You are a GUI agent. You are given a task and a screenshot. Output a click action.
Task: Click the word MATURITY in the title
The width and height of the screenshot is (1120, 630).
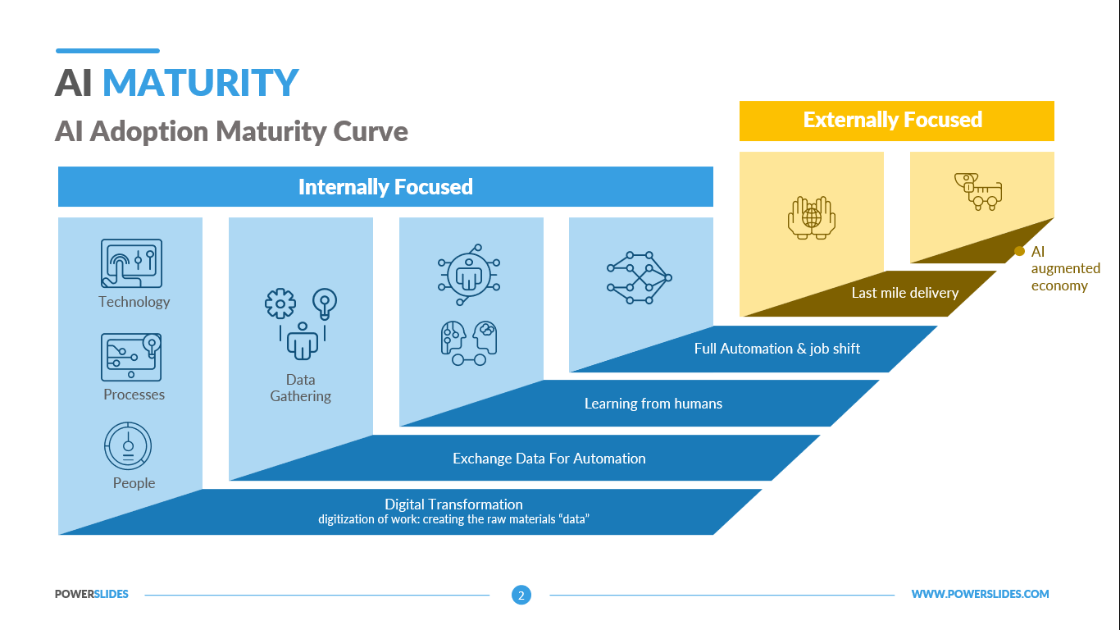(x=200, y=83)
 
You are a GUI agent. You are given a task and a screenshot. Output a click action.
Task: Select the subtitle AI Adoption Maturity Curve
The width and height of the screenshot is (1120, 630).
(x=231, y=131)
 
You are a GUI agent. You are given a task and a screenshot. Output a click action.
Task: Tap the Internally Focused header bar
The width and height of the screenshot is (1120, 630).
(x=385, y=187)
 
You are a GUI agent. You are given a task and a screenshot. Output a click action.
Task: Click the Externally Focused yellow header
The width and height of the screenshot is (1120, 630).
(x=895, y=121)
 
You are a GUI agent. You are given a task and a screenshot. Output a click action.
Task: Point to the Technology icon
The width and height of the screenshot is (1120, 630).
(x=131, y=263)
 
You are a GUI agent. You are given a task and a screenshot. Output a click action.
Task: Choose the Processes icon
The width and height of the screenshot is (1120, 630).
(x=131, y=357)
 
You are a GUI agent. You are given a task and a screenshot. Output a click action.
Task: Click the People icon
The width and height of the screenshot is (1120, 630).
(x=129, y=446)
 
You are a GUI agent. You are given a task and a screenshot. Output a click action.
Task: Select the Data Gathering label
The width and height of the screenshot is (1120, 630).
(x=301, y=388)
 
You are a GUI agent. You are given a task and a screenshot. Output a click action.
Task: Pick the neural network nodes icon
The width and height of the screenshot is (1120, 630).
(x=640, y=277)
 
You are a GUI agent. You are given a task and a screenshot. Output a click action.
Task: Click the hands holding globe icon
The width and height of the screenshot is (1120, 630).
(x=811, y=217)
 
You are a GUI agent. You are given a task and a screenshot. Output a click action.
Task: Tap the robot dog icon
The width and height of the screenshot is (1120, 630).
(x=978, y=191)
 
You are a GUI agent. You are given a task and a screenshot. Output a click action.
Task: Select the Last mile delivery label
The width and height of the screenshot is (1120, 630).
(x=904, y=293)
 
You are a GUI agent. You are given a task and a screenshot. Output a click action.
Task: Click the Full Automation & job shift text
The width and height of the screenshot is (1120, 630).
(x=776, y=349)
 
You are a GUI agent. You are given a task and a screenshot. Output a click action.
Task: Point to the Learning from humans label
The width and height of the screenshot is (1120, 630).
(x=653, y=404)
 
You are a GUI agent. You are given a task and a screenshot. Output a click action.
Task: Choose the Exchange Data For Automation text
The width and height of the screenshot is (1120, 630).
(x=549, y=459)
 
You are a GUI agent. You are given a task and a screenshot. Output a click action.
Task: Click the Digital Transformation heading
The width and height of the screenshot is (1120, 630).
(x=453, y=504)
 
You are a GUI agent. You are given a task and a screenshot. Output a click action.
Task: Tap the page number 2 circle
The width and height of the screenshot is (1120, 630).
(x=521, y=595)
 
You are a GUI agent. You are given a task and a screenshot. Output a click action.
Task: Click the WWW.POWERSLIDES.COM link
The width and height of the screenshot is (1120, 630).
(x=980, y=594)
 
